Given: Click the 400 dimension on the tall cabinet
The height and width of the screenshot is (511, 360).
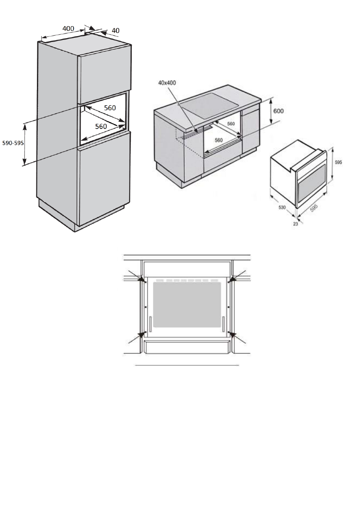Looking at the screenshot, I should point(68,29).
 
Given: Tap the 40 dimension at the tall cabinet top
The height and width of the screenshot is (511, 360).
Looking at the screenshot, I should point(116,31).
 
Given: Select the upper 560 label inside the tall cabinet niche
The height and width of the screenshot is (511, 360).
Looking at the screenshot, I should point(110,108).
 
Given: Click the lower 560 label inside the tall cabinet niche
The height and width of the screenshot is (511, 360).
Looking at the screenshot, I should point(101,126).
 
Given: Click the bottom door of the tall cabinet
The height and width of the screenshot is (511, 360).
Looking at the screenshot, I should point(104,180).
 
